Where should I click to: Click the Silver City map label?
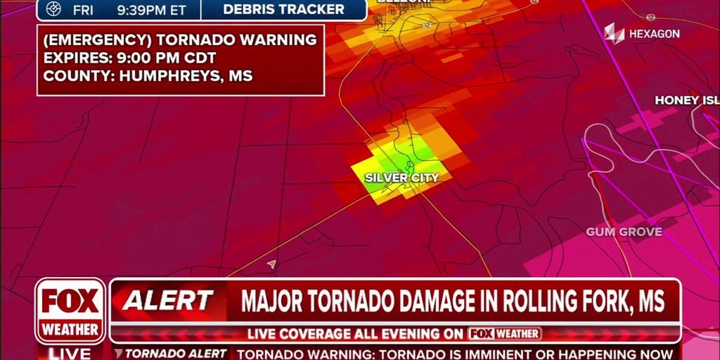(401, 178)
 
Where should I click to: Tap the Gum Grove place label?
(624, 232)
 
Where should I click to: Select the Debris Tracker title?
(283, 9)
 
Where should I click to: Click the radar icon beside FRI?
(53, 9)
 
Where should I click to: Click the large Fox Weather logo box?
(70, 310)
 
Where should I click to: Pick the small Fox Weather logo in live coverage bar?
(505, 333)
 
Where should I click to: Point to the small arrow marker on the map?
(271, 264)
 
